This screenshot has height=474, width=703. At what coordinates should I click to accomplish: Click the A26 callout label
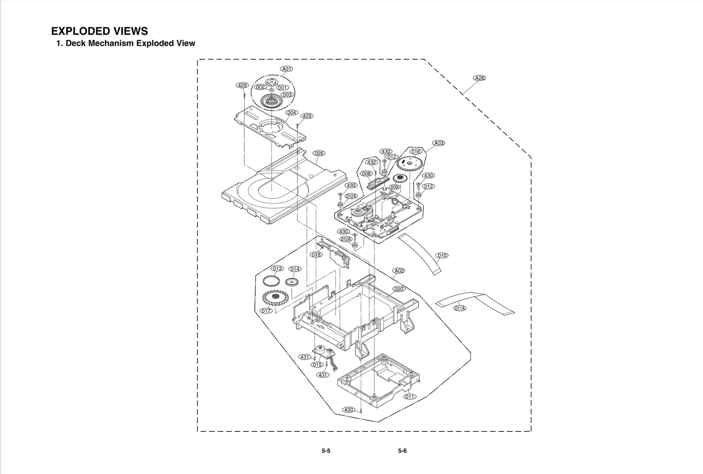pos(479,78)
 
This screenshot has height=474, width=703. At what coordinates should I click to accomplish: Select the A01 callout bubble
pos(287,69)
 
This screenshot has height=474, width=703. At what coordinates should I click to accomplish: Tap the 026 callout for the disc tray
pos(319,153)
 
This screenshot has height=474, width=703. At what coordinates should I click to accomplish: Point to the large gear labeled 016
pos(409,165)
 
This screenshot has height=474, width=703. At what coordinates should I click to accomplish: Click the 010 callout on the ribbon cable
pos(442,255)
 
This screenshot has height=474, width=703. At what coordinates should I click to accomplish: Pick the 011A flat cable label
pos(460,308)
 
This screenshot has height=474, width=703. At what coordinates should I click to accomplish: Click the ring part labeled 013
pos(270,281)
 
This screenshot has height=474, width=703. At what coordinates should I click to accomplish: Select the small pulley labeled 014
pos(292,282)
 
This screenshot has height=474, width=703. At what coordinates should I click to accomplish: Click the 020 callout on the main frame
pos(399,289)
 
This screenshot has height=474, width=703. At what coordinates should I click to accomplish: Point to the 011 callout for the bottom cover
pos(409,397)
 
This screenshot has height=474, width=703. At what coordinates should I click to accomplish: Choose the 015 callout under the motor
pos(317,365)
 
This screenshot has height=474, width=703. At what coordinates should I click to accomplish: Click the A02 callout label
pos(399,271)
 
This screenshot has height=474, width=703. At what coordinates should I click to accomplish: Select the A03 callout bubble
pos(438,143)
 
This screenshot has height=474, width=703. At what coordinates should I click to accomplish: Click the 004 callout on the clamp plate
pos(292,113)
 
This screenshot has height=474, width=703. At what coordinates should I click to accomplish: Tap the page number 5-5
pos(326,451)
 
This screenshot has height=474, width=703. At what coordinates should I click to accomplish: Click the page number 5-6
pos(402,451)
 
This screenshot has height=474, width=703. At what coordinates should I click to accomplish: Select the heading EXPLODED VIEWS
pos(100,31)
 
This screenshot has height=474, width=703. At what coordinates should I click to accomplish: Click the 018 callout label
pos(316,255)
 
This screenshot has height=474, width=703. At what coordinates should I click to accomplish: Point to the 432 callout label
pos(372,162)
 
